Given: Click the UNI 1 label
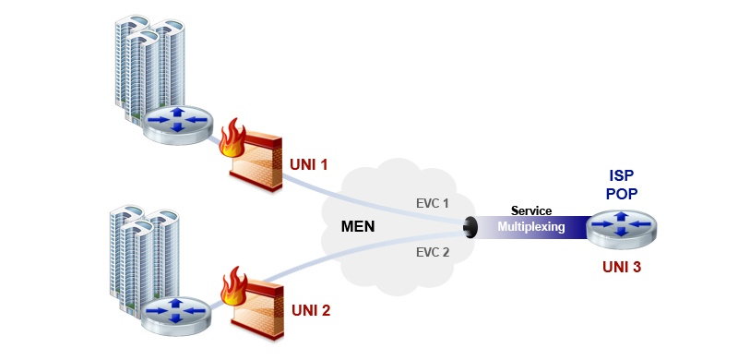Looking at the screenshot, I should click(x=309, y=164).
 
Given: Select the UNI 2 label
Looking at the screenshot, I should click(x=311, y=309).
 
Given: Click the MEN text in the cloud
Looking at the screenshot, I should click(x=358, y=226).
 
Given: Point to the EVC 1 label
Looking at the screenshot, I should click(x=432, y=203).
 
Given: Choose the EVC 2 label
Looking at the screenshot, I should click(x=432, y=251).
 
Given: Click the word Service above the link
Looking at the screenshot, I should click(x=531, y=211).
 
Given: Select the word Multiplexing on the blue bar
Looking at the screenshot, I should click(x=531, y=226).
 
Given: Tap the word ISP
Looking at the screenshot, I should click(x=622, y=175).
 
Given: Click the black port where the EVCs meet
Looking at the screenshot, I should click(x=470, y=226).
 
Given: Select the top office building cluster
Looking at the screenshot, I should click(x=148, y=60).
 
